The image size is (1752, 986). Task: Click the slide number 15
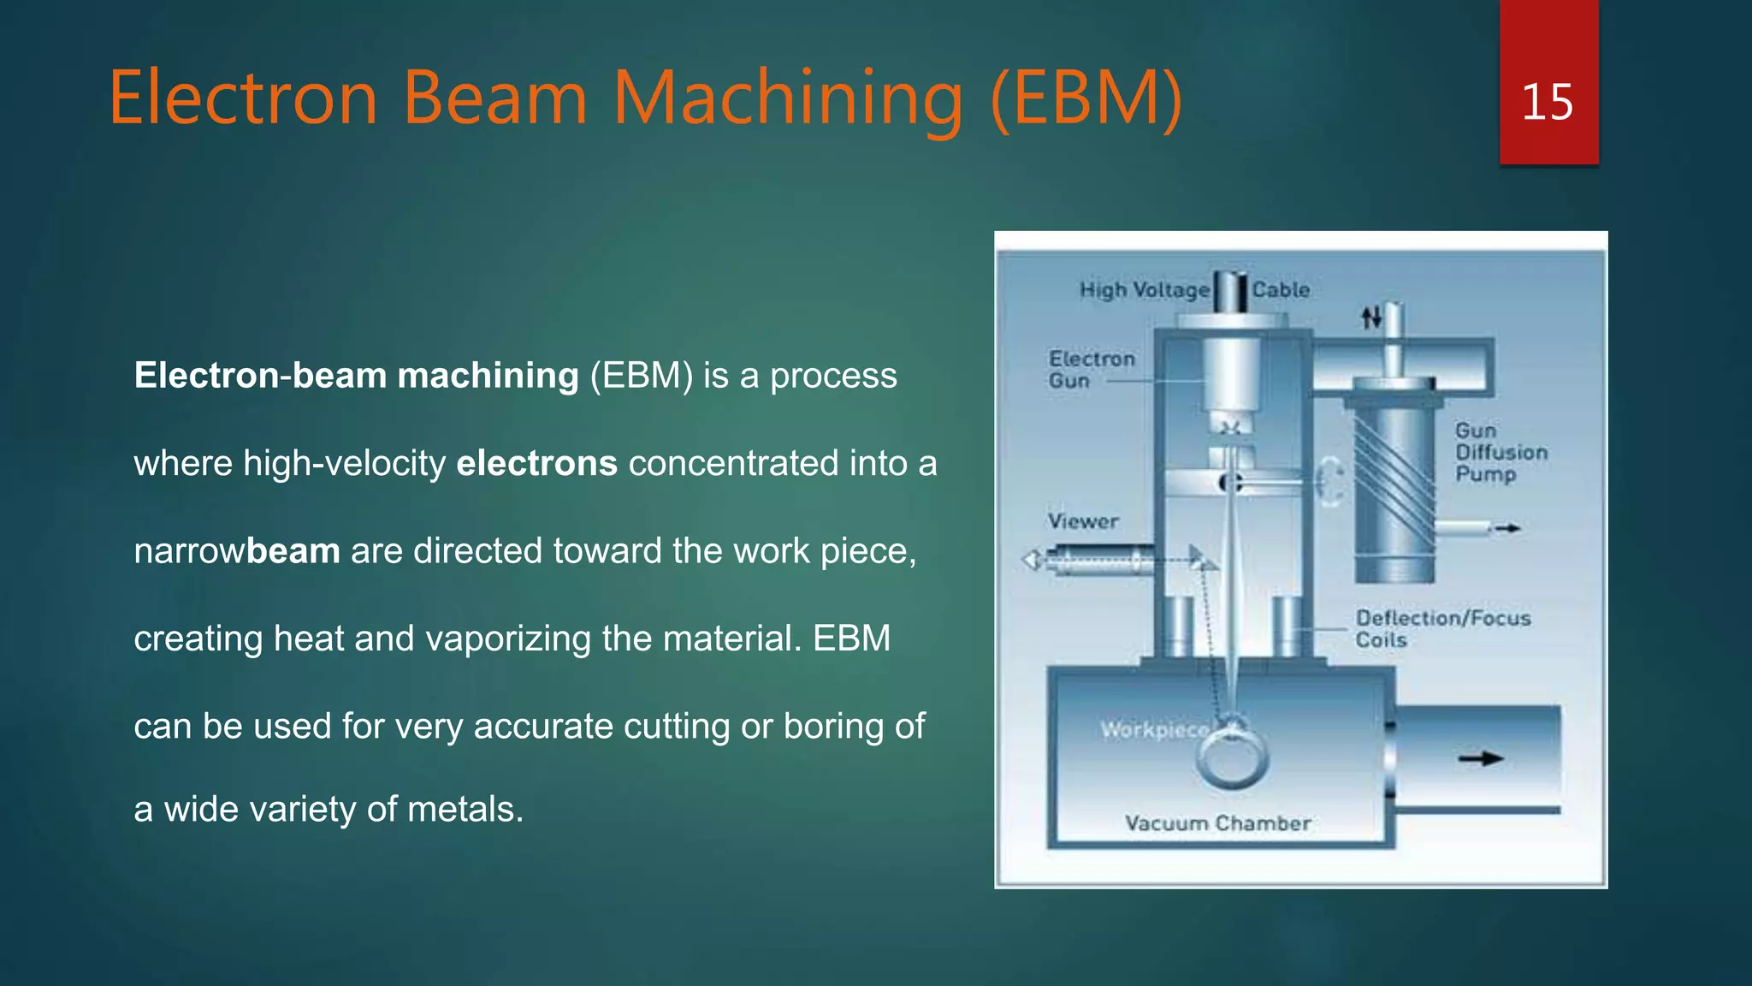(x=1547, y=103)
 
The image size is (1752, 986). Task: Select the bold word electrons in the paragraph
(x=536, y=463)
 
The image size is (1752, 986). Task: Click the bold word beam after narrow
(x=293, y=550)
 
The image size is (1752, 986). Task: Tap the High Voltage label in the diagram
(x=1144, y=290)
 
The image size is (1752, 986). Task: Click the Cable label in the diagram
(x=1281, y=290)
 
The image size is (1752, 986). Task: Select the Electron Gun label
(x=1091, y=369)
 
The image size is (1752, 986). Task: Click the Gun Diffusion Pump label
(x=1500, y=452)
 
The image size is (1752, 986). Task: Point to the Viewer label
(x=1083, y=521)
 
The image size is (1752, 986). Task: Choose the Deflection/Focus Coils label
(x=1441, y=628)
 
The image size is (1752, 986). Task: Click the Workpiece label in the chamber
(x=1154, y=729)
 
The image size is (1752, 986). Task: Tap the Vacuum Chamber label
(x=1217, y=823)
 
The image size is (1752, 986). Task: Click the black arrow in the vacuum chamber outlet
(x=1481, y=758)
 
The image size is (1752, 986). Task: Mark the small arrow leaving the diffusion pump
(x=1507, y=528)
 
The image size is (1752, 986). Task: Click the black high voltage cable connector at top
(x=1232, y=291)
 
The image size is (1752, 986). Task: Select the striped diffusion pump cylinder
(x=1394, y=488)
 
